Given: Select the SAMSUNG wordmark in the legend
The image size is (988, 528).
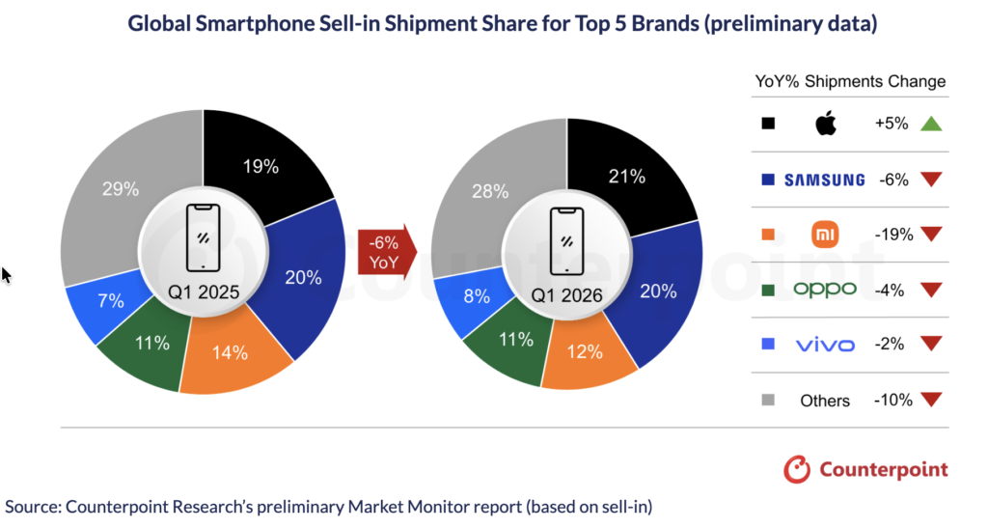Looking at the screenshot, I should click(x=824, y=180).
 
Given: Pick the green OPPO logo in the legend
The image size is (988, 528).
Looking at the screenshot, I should click(x=825, y=290).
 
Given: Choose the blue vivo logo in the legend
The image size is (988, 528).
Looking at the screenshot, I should click(x=825, y=345).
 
